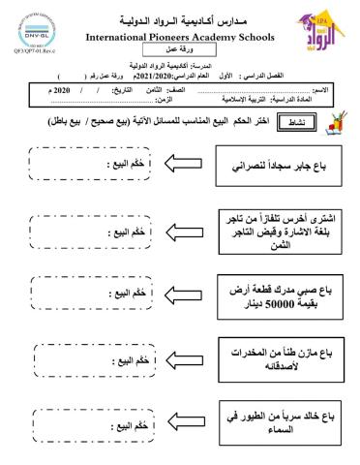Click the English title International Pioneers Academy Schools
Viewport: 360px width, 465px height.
(x=180, y=37)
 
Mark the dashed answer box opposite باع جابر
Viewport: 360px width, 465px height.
(x=88, y=166)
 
